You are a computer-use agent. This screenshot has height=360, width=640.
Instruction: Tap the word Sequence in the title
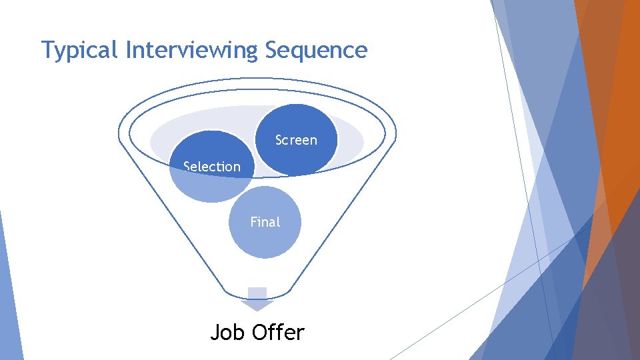[316, 51]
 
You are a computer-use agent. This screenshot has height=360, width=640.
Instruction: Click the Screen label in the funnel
[296, 140]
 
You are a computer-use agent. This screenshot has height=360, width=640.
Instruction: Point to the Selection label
[212, 167]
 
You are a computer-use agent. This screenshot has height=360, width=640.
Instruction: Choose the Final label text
[265, 222]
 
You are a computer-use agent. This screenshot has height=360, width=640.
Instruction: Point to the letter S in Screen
[279, 140]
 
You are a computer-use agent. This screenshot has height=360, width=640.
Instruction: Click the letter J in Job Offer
[215, 331]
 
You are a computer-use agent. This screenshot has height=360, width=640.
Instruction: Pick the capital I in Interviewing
[128, 50]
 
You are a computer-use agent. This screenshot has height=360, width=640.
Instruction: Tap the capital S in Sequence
[271, 50]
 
